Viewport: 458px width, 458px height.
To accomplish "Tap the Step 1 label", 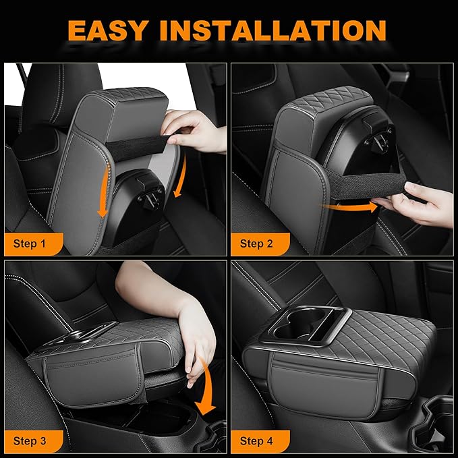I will (x=30, y=244).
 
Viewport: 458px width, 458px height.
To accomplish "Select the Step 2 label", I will (x=257, y=244).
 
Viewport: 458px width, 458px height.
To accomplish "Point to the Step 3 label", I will (x=30, y=441).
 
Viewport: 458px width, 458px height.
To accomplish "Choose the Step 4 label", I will (x=257, y=441).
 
